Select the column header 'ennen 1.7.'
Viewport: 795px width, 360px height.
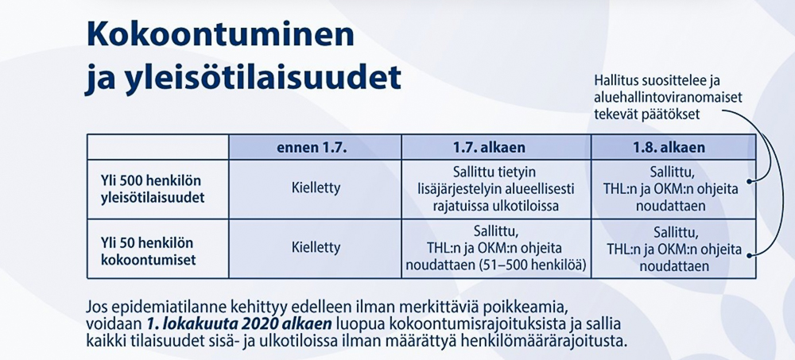(x=315, y=148)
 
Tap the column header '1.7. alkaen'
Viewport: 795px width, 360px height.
(x=496, y=148)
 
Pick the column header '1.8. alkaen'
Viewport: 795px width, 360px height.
(x=674, y=148)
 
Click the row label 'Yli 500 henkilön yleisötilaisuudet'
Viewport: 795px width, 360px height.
(x=153, y=190)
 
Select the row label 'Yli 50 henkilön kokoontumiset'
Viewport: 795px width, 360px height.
(x=149, y=249)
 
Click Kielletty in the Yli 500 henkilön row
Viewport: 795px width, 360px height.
(x=316, y=188)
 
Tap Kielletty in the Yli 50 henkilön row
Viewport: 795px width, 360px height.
(x=316, y=248)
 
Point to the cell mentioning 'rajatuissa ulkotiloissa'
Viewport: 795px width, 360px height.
(x=496, y=190)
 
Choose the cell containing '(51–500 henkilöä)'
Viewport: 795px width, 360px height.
(x=496, y=249)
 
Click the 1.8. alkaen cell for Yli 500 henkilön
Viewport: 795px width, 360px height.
(x=674, y=190)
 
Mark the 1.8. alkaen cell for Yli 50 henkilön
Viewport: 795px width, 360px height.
(x=674, y=249)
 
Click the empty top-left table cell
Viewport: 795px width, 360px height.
(x=157, y=147)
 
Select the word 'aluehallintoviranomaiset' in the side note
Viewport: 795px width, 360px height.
(x=669, y=98)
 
